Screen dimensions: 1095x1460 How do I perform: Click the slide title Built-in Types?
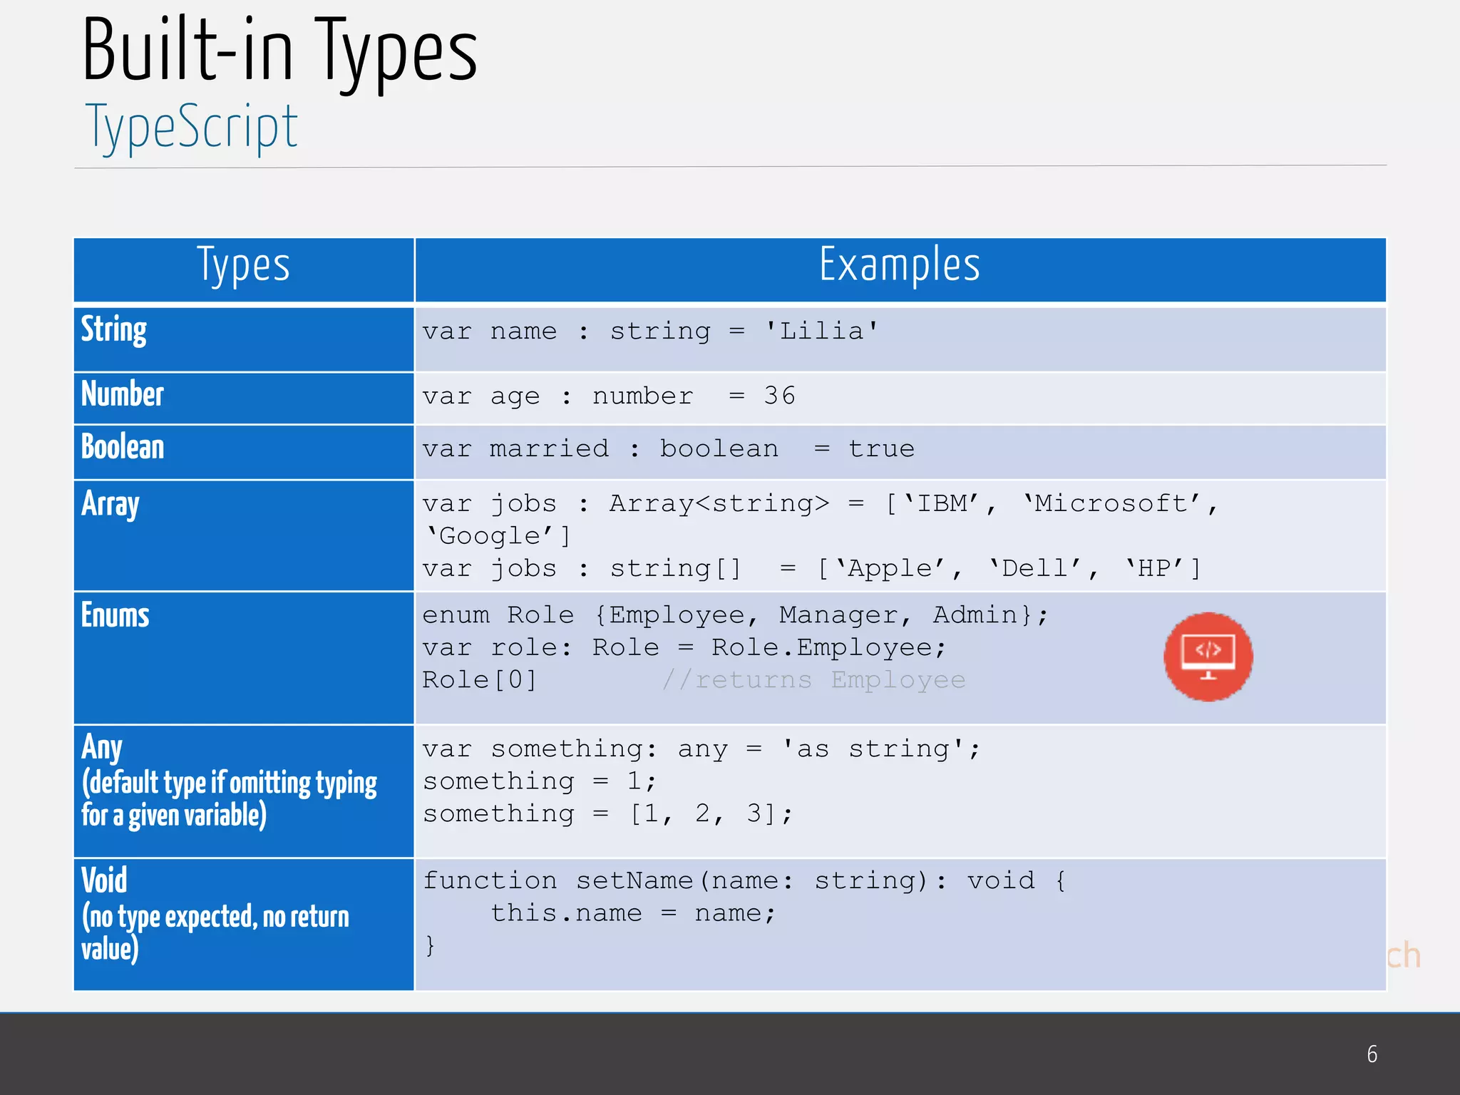coord(279,51)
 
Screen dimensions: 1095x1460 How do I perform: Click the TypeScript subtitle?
coord(191,127)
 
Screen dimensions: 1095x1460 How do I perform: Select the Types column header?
coord(243,266)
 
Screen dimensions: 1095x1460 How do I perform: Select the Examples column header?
coord(900,266)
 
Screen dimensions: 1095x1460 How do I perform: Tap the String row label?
coord(114,330)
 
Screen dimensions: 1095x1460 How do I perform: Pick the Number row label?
coord(123,394)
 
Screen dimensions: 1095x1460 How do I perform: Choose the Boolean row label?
coord(123,447)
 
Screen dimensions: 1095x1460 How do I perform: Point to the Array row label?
coord(110,505)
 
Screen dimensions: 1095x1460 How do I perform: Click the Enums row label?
coord(115,615)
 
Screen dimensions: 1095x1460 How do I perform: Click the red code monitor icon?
coord(1208,657)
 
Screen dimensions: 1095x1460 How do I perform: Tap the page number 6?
coord(1372,1054)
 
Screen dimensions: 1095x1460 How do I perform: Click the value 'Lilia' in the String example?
coord(821,331)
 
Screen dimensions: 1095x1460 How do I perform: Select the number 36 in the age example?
coord(779,396)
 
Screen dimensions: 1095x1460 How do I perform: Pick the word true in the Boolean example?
coord(881,449)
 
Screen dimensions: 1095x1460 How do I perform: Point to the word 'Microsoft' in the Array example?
coord(1111,504)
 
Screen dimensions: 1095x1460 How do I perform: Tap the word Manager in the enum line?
coord(838,615)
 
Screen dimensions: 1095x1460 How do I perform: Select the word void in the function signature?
coord(1001,880)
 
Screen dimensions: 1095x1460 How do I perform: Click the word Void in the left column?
coord(104,880)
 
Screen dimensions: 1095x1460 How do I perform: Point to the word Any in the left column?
coord(102,747)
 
